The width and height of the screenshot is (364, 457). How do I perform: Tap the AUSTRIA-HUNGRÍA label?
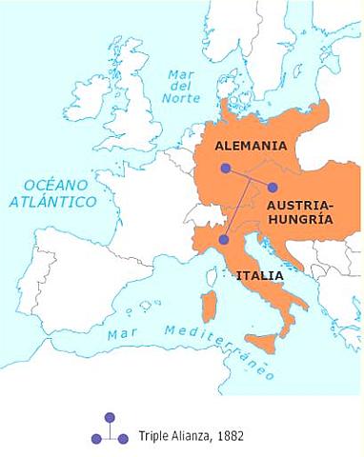(x=299, y=210)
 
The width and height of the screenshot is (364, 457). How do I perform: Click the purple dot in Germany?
(x=226, y=169)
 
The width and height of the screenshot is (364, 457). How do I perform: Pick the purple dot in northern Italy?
(x=224, y=240)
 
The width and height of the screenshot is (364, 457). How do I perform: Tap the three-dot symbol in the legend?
(x=109, y=429)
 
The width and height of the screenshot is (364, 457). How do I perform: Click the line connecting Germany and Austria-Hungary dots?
(x=250, y=178)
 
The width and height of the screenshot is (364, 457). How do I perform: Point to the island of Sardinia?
(x=207, y=309)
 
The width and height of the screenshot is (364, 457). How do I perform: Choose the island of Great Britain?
(x=133, y=114)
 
